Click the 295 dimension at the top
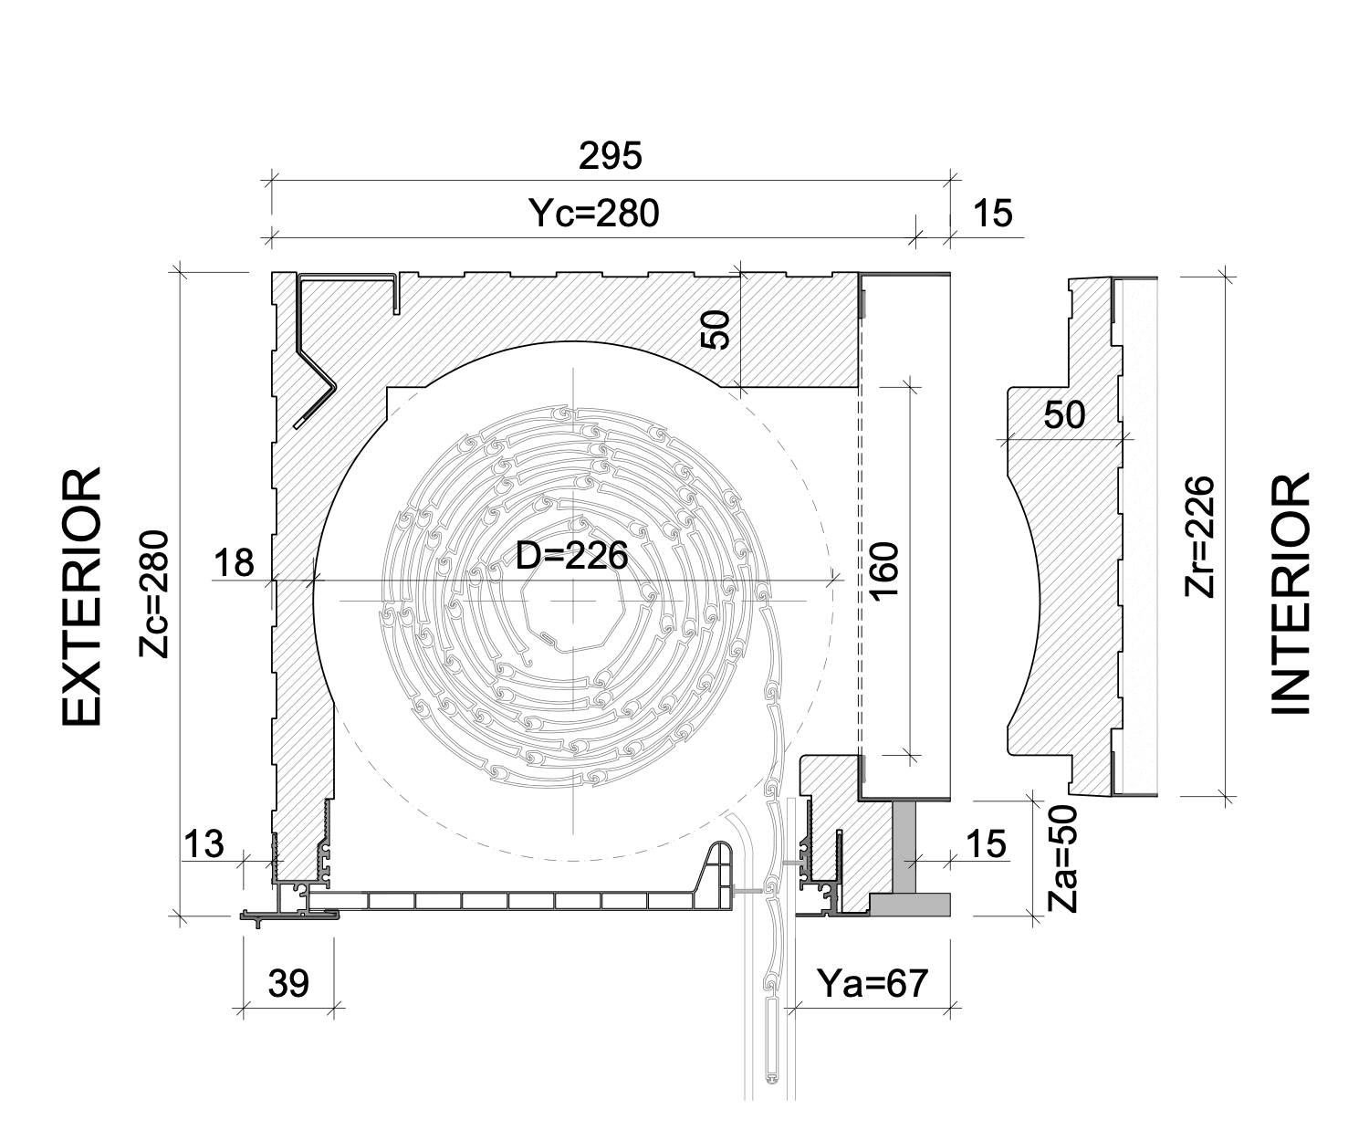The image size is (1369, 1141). (610, 157)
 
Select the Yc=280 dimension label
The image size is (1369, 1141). (593, 214)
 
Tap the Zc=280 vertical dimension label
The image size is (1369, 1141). (155, 594)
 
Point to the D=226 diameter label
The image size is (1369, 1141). (571, 555)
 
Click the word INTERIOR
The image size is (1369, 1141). (1291, 594)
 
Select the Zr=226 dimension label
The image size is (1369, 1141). (1200, 537)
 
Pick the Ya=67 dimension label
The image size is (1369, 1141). (872, 983)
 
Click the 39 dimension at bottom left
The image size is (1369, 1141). (288, 984)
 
